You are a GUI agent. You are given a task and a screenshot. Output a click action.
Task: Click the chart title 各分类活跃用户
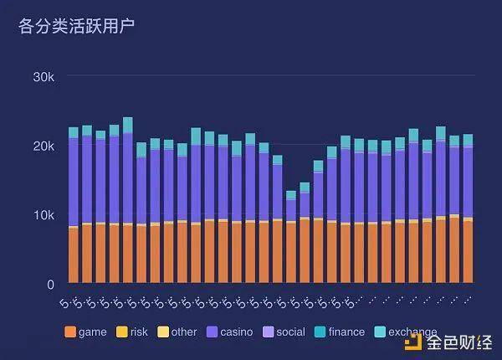(76, 26)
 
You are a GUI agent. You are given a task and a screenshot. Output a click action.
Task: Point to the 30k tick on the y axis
(44, 76)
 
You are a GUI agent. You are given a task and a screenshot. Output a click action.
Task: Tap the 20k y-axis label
(44, 146)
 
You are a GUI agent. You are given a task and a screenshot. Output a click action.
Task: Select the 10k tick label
(44, 215)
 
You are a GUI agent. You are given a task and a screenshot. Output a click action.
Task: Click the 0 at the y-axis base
(50, 285)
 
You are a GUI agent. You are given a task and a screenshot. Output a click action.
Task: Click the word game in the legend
(92, 332)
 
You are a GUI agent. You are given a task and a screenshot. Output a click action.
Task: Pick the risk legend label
(139, 332)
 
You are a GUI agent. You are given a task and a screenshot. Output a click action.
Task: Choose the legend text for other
(183, 332)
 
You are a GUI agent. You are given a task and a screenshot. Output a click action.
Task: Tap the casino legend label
(236, 332)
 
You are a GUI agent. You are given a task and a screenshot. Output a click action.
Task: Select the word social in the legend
(290, 332)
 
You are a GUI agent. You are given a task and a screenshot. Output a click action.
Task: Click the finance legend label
(346, 332)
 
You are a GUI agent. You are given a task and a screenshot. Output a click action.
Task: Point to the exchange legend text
(412, 332)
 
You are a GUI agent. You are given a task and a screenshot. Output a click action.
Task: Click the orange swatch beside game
(70, 332)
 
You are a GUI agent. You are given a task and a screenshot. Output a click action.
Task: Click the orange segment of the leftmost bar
(74, 255)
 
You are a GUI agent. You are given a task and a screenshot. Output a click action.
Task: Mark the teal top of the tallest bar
(128, 125)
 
